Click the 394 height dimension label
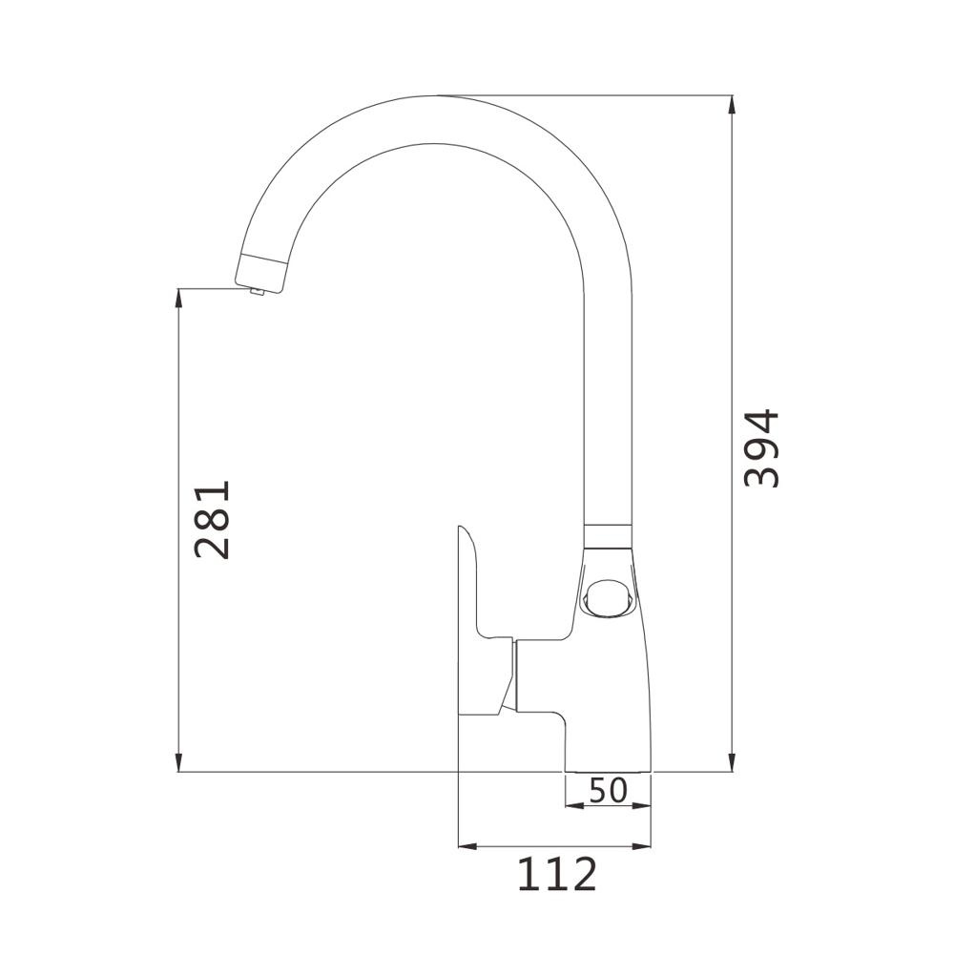(761, 449)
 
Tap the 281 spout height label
(213, 520)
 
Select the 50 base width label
(608, 790)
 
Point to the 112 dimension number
(557, 874)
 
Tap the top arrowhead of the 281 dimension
(178, 298)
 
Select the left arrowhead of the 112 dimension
(467, 845)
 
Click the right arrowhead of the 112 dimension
(641, 845)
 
